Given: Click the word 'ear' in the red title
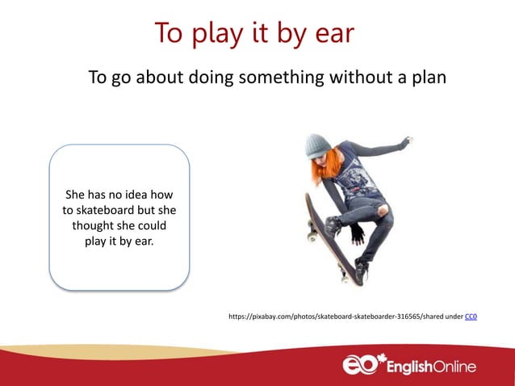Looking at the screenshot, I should coord(332,34).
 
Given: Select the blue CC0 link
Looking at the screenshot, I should coord(471,317).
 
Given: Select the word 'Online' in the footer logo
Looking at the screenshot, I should coord(452,367).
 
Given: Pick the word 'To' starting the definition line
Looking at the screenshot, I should coord(97,78).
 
